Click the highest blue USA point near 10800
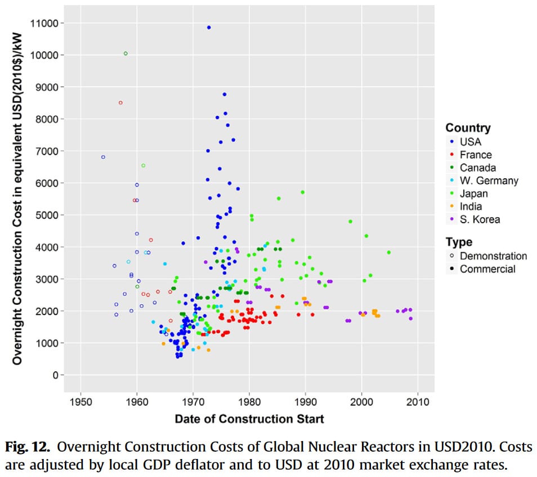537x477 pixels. (x=209, y=28)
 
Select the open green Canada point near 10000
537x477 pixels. (x=126, y=53)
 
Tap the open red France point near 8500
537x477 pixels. (x=120, y=103)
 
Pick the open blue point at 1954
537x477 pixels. (x=103, y=157)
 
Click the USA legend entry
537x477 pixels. (x=470, y=142)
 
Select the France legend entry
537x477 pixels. (x=475, y=155)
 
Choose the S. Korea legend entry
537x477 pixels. (x=479, y=219)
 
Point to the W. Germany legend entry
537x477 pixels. (x=488, y=181)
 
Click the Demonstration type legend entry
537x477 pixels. (x=493, y=256)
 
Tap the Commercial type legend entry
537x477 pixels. (x=487, y=269)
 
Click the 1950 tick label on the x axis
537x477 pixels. (x=81, y=402)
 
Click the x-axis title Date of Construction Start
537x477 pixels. (x=249, y=419)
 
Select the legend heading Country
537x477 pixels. (x=468, y=128)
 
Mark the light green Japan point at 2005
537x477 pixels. (x=388, y=253)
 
